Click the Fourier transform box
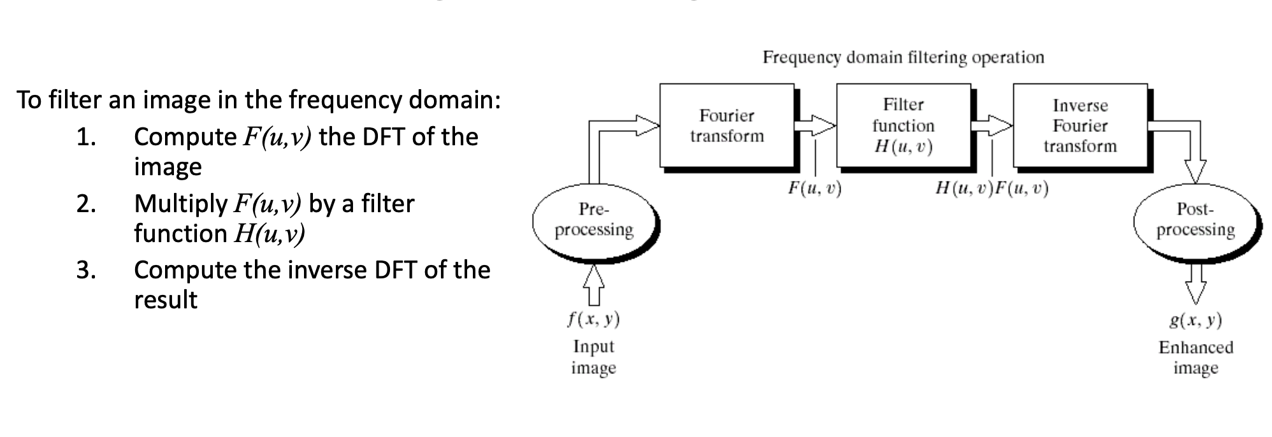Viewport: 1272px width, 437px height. (x=726, y=125)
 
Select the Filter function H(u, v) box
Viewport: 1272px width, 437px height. (x=903, y=125)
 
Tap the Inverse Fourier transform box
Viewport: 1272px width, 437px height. (x=1080, y=125)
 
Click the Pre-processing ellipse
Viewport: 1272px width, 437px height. (x=594, y=219)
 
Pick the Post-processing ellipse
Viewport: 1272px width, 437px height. (x=1196, y=219)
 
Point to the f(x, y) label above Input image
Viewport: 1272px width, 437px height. (x=593, y=319)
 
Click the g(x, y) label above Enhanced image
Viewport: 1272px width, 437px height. (x=1196, y=320)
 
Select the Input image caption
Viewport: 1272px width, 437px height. (x=593, y=357)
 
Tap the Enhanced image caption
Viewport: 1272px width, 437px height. (x=1196, y=357)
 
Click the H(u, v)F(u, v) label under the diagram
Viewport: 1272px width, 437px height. (x=992, y=188)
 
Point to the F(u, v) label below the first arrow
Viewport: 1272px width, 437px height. (x=814, y=188)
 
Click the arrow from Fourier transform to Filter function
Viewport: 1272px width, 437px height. (x=815, y=125)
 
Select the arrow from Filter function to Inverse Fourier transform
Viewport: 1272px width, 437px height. (x=992, y=125)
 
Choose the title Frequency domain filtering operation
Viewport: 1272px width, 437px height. (x=903, y=57)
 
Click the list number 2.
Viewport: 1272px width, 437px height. (x=86, y=204)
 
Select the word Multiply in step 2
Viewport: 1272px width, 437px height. (x=180, y=204)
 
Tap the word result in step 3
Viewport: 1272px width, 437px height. (x=166, y=299)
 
